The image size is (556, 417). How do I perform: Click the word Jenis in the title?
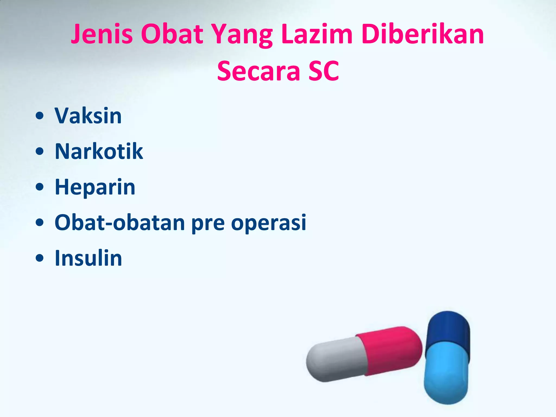pyautogui.click(x=102, y=34)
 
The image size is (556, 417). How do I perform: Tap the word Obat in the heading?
pyautogui.click(x=172, y=34)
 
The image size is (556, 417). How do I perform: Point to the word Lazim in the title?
pyautogui.click(x=317, y=34)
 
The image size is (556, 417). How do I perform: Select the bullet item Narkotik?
pyautogui.click(x=99, y=151)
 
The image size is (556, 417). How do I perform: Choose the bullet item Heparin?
pyautogui.click(x=95, y=187)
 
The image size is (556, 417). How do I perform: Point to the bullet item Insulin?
pyautogui.click(x=88, y=258)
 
